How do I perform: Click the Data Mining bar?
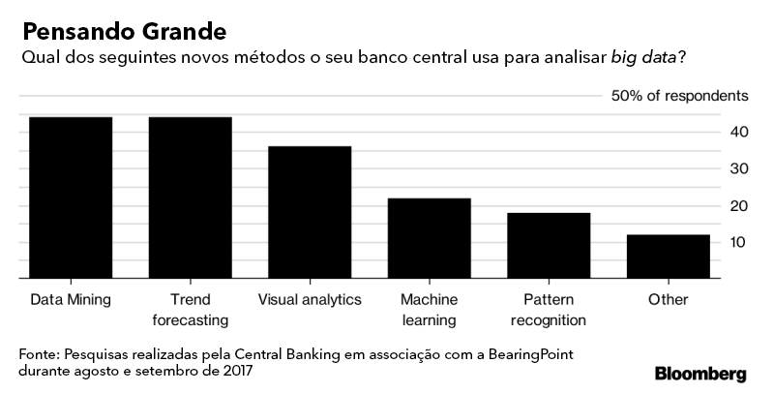71,197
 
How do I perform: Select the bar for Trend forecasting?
190,197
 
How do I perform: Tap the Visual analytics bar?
310,212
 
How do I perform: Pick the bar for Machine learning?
429,238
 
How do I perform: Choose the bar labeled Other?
668,257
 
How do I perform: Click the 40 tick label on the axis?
738,132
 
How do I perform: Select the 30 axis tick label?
738,168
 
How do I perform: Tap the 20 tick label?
738,205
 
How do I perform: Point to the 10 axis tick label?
738,242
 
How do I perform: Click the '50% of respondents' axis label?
679,96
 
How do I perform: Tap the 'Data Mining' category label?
71,299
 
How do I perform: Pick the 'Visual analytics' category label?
310,299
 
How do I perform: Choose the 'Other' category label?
668,299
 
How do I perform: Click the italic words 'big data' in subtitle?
645,58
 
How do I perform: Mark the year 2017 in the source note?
242,371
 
